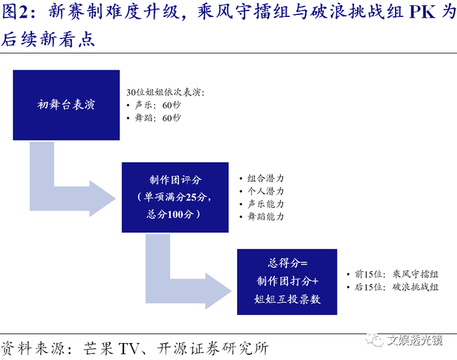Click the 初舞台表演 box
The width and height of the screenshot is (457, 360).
click(x=66, y=104)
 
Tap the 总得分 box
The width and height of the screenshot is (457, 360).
click(x=287, y=280)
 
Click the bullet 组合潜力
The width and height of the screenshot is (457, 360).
click(x=265, y=178)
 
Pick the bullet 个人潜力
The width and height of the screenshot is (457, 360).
click(x=265, y=191)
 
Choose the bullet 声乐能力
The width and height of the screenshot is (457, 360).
click(x=265, y=203)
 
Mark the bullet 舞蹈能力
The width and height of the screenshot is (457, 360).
click(x=265, y=217)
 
